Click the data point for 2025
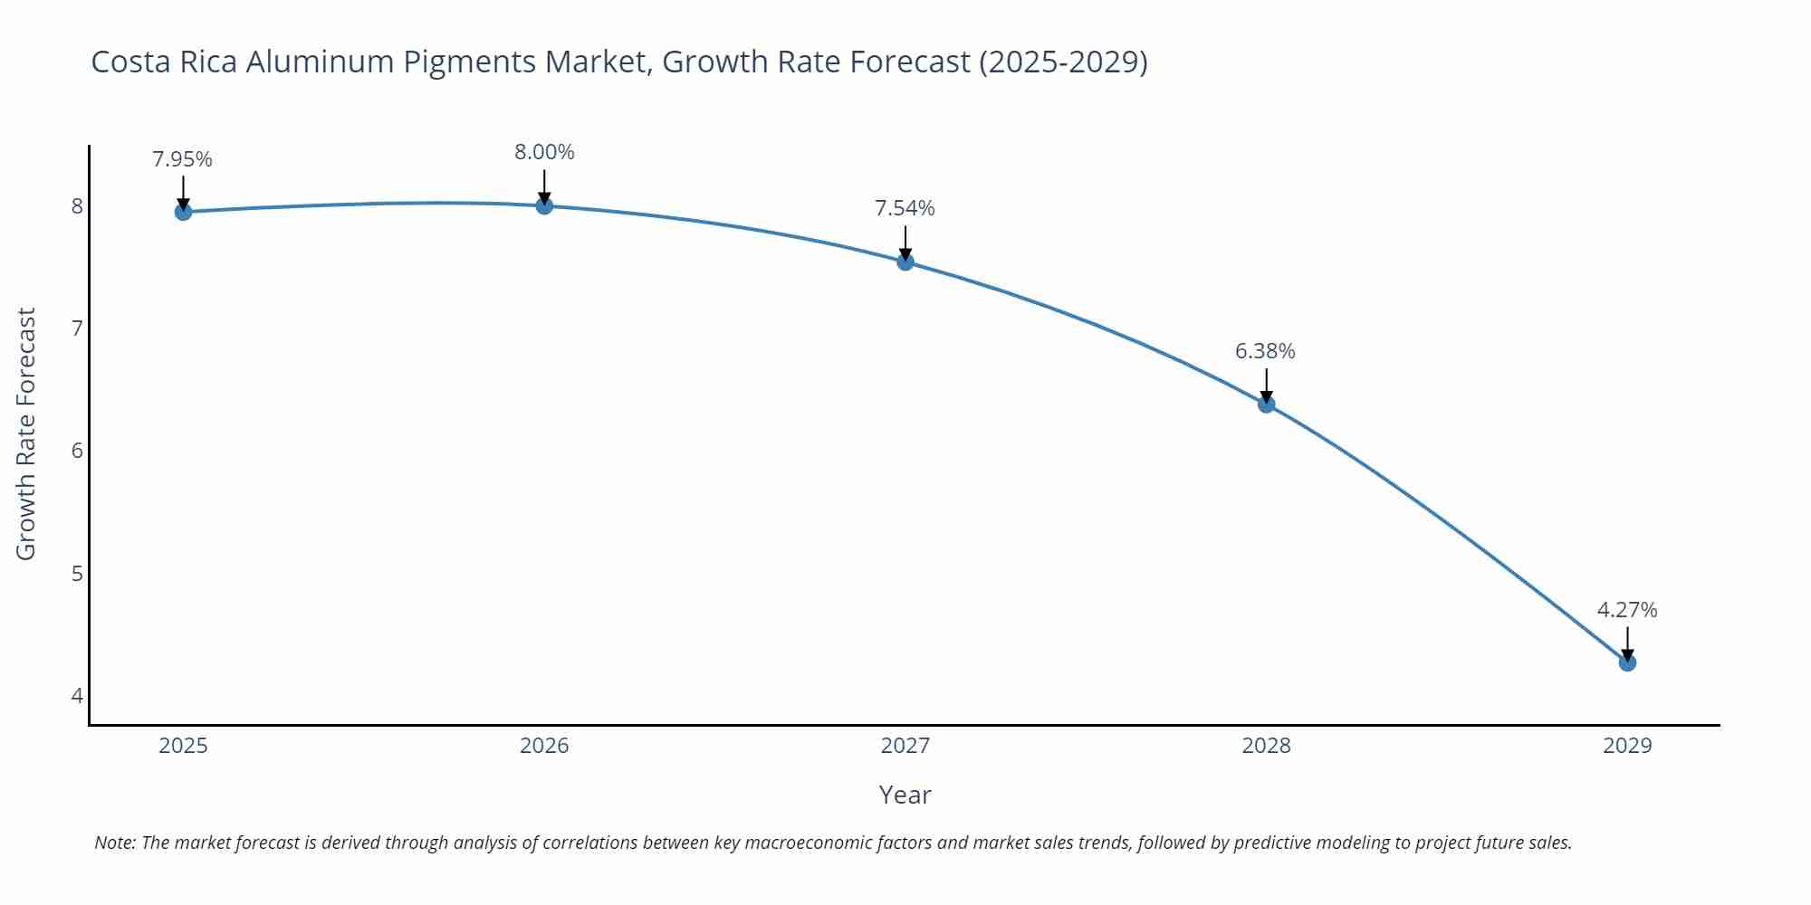point(183,212)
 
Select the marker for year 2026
point(544,206)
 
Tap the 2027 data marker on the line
point(905,262)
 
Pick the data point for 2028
point(1266,405)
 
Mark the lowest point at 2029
point(1627,662)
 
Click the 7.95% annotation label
point(182,160)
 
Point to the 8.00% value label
point(544,153)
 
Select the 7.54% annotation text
point(905,209)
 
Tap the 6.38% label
point(1265,351)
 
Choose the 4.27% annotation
point(1626,611)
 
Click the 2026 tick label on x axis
point(544,746)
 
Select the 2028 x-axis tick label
point(1266,746)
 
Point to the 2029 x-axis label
point(1627,746)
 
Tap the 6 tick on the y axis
point(77,451)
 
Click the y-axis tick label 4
point(77,696)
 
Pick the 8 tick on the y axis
point(77,206)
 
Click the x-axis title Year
point(905,795)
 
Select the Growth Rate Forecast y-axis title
point(26,434)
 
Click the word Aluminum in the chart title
point(320,62)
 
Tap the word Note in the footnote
point(115,843)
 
